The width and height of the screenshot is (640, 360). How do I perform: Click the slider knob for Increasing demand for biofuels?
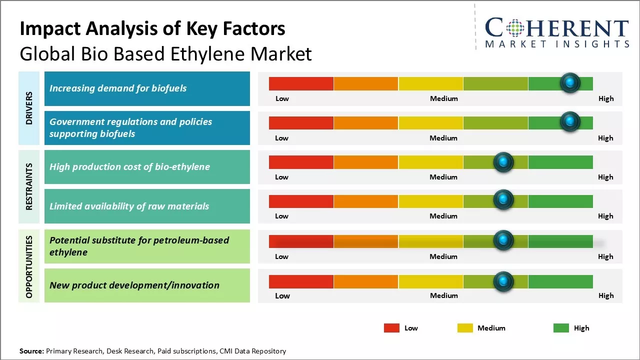tap(569, 83)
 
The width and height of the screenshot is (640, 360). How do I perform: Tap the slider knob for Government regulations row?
tap(569, 122)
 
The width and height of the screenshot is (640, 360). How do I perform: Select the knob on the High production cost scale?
tap(503, 162)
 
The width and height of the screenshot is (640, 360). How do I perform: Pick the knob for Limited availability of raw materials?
tap(503, 200)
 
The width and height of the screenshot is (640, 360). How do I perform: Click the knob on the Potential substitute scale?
tap(503, 240)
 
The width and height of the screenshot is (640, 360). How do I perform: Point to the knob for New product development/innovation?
tap(503, 281)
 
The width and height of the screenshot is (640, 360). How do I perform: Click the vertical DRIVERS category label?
tap(29, 108)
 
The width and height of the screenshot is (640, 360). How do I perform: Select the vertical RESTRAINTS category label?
tap(29, 186)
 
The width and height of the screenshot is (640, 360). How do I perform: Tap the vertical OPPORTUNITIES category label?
tap(29, 266)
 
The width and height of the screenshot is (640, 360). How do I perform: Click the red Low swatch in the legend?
tap(391, 328)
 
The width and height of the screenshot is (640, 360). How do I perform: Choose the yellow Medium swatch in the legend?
tap(465, 328)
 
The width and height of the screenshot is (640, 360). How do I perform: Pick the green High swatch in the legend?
tap(561, 328)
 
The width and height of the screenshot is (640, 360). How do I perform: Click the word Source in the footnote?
tap(31, 351)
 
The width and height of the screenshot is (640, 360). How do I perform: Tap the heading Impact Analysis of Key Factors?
tap(152, 29)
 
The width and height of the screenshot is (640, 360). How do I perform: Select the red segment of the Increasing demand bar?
tap(301, 83)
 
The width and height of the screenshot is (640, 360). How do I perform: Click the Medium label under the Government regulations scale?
tap(443, 138)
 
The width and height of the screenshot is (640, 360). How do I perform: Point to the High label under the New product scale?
tap(605, 295)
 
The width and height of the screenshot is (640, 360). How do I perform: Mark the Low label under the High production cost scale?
tap(281, 177)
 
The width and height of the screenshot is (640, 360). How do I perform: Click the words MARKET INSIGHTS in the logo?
tap(557, 44)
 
